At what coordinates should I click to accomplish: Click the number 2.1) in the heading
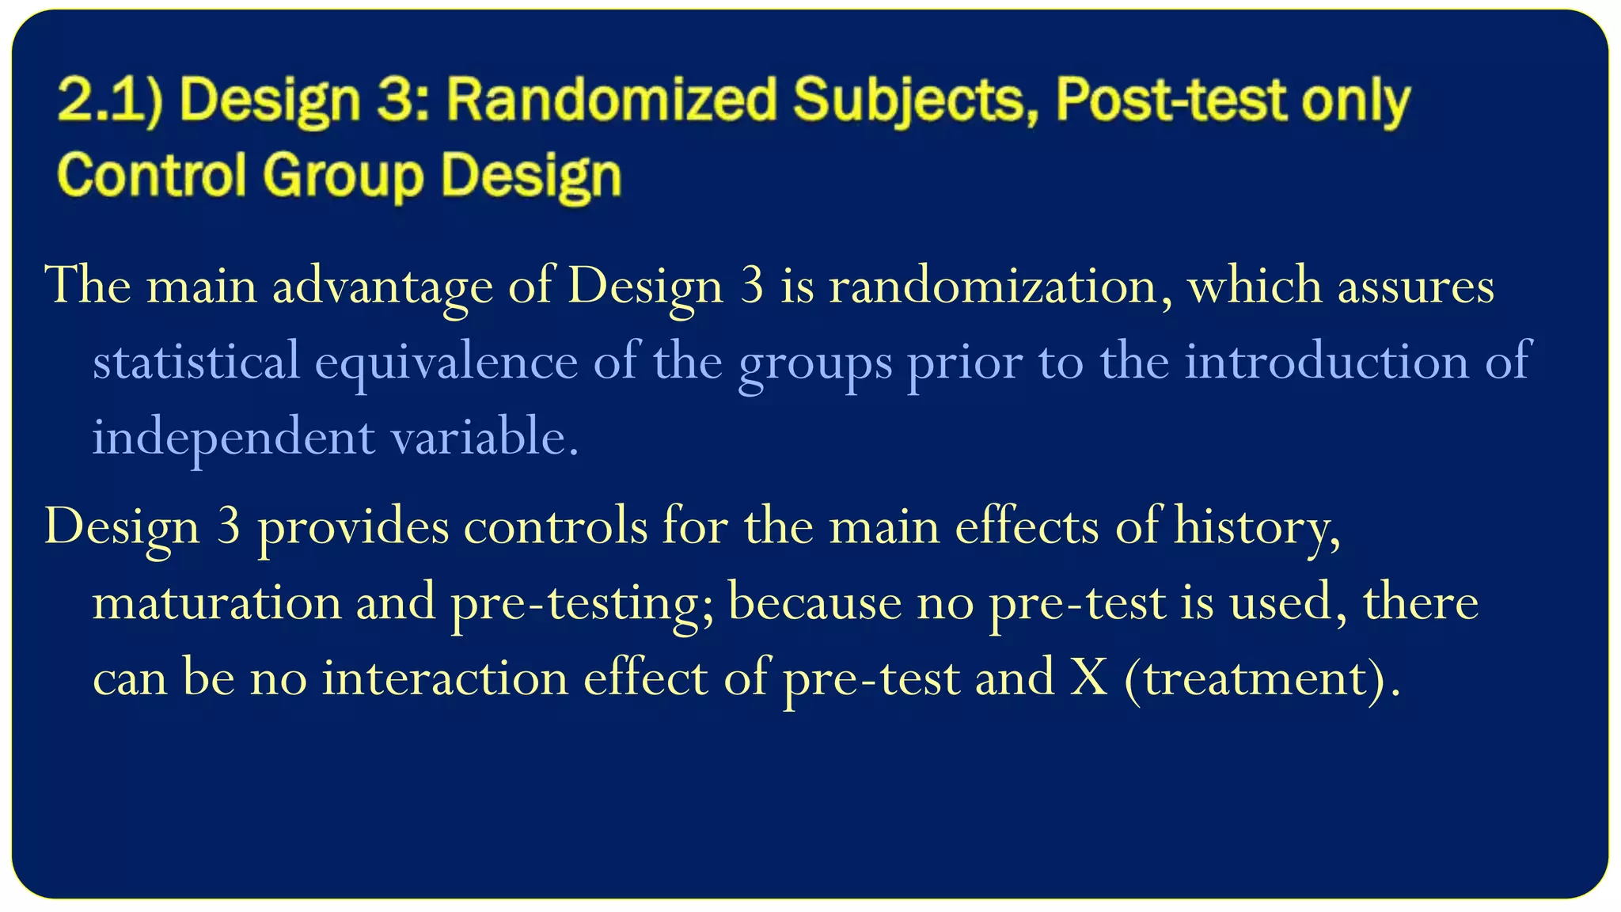[110, 101]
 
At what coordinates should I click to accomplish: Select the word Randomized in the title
[612, 101]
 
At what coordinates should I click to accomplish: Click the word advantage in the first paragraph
[382, 286]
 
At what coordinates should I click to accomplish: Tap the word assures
[1416, 286]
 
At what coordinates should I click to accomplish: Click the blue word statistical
[196, 361]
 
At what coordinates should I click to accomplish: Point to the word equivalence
[447, 361]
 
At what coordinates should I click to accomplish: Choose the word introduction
[1327, 361]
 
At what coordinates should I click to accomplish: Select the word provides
[353, 526]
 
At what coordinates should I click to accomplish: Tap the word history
[1258, 526]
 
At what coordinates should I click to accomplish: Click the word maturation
[217, 602]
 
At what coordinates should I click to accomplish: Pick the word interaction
[445, 678]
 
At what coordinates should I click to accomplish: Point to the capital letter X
[1088, 678]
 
